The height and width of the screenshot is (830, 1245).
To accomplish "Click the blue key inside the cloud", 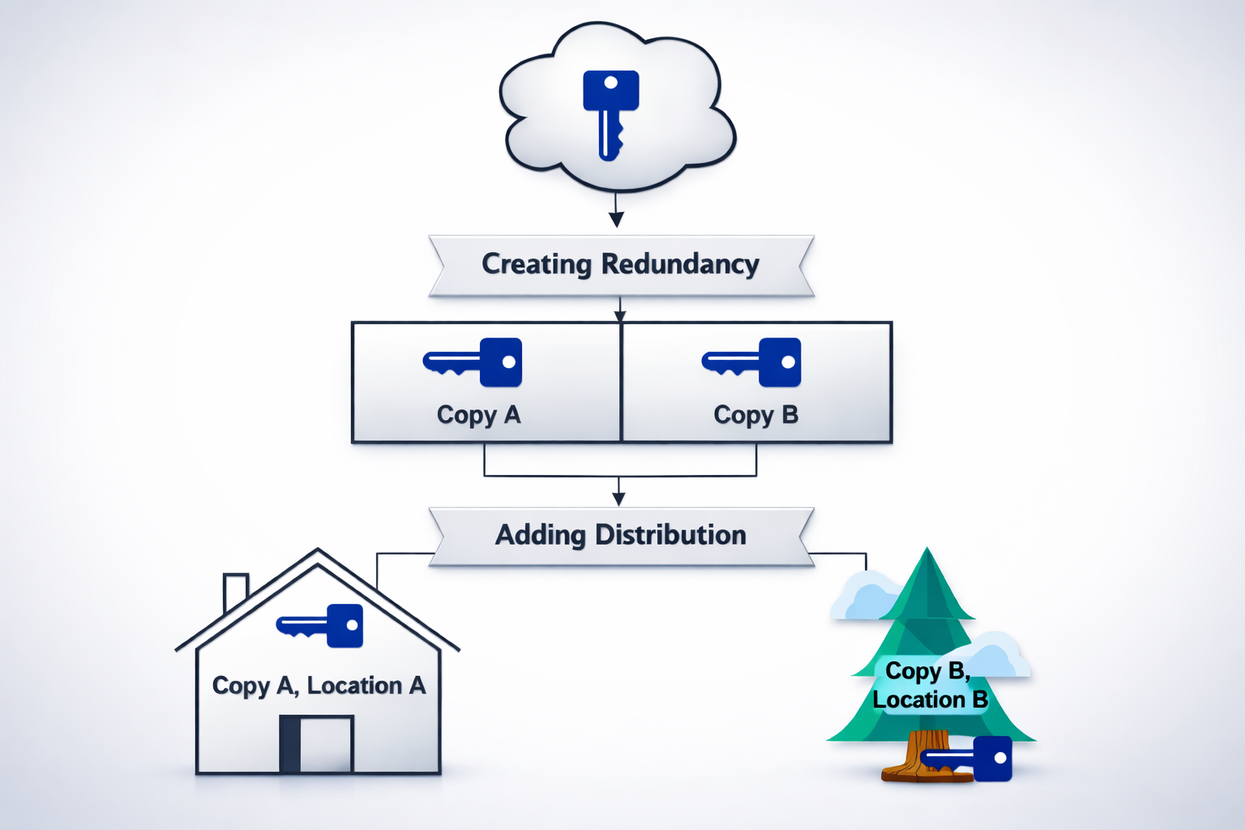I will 610,109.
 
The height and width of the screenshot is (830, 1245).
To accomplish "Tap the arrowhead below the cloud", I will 616,219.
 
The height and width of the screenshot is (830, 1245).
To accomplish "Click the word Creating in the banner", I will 537,264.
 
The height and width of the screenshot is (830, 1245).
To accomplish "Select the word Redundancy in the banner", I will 680,264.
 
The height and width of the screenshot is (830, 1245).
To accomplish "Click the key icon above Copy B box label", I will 753,362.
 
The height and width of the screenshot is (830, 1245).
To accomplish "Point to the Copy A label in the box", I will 478,415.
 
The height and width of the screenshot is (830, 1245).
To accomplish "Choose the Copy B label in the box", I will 755,415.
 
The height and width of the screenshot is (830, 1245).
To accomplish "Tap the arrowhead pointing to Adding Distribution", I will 619,498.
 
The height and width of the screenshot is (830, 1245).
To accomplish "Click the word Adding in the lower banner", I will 540,535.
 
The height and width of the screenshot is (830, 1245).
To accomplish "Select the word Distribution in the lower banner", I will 670,535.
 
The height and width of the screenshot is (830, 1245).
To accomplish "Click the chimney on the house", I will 234,591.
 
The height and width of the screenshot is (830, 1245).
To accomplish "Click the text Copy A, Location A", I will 319,686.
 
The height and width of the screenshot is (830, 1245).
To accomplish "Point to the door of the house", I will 316,743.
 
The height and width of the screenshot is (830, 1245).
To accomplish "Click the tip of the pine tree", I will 927,555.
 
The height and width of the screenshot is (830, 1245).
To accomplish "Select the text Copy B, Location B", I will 930,685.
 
